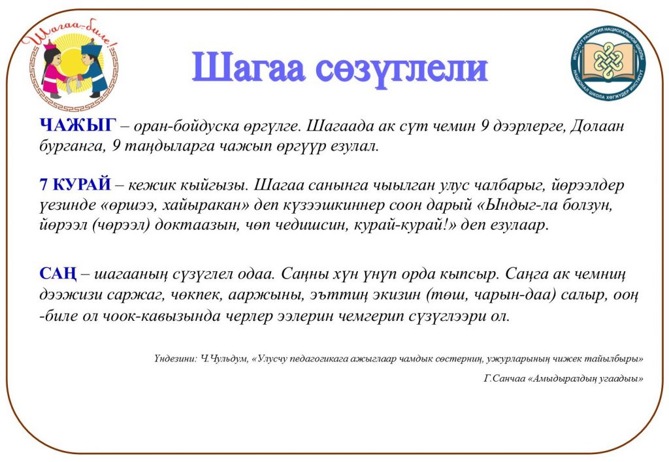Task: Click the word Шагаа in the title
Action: point(248,68)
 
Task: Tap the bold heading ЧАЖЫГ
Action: point(78,125)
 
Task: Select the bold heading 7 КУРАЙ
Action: point(75,184)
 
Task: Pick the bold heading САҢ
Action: point(58,274)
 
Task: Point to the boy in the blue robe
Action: point(93,68)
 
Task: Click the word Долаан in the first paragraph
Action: point(597,126)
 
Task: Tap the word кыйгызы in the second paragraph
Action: point(214,185)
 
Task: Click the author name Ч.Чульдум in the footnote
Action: point(225,359)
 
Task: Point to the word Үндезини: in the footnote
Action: point(175,359)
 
